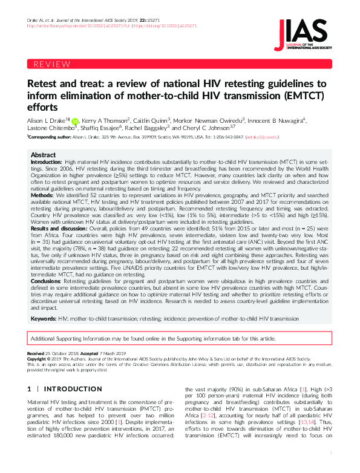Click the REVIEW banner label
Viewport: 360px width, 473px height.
[52, 64]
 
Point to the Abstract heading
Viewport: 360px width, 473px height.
[44, 155]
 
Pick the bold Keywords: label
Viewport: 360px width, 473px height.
[44, 319]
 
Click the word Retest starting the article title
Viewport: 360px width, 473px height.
[43, 84]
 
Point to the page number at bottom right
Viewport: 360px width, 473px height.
[332, 468]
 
